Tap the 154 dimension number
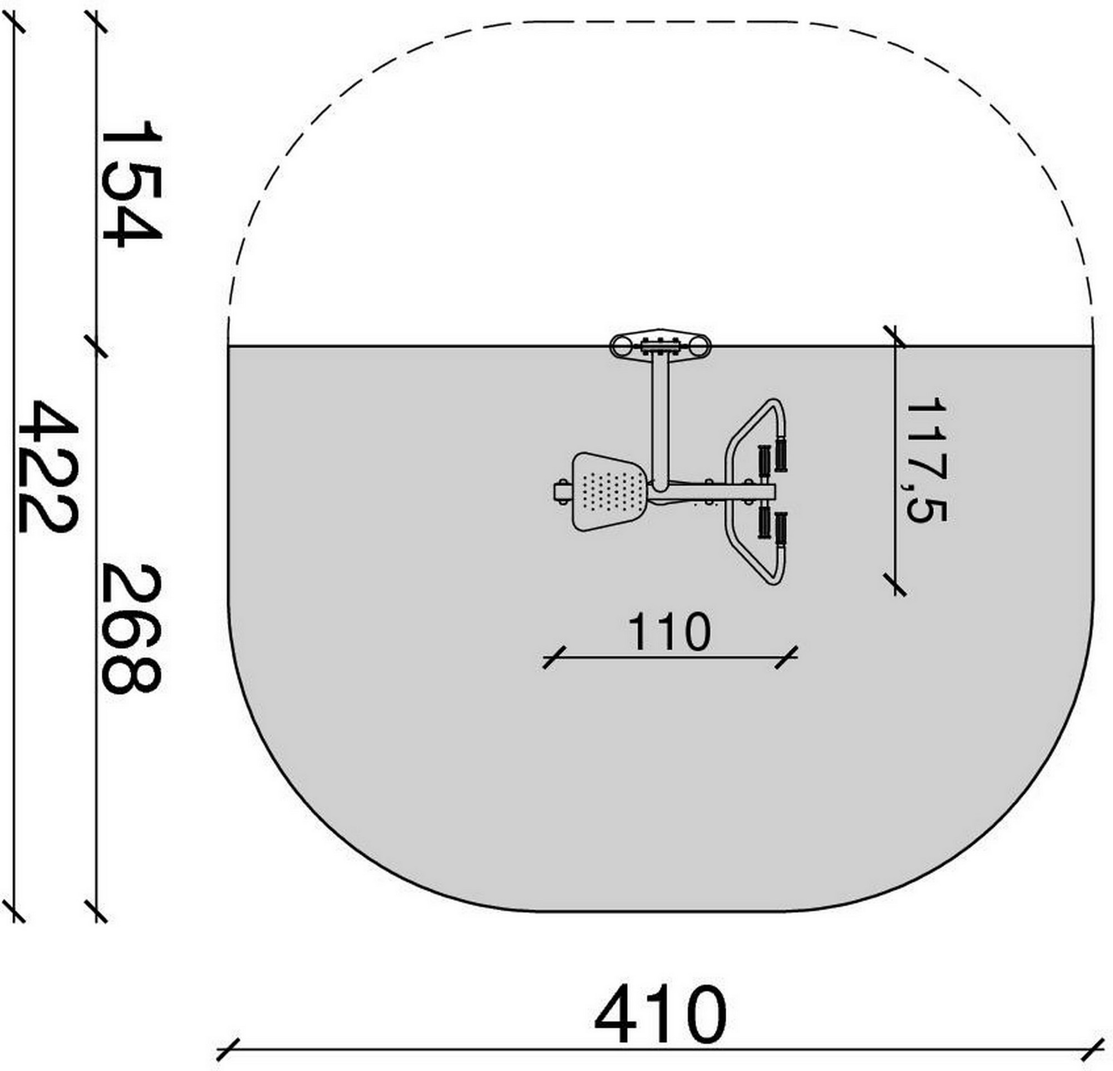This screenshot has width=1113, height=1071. (131, 184)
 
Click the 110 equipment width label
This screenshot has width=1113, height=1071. (669, 631)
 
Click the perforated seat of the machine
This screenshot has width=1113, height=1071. (609, 491)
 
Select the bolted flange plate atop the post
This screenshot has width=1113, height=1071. (659, 345)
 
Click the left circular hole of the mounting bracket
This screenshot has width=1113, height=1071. (620, 346)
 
